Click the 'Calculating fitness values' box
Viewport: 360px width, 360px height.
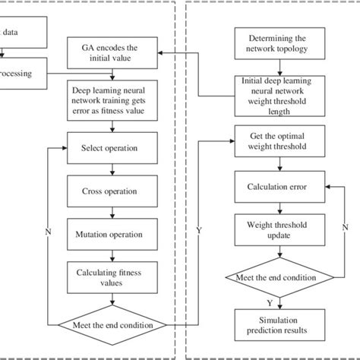[x=112, y=276]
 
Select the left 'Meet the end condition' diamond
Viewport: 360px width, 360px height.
[x=112, y=326]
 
